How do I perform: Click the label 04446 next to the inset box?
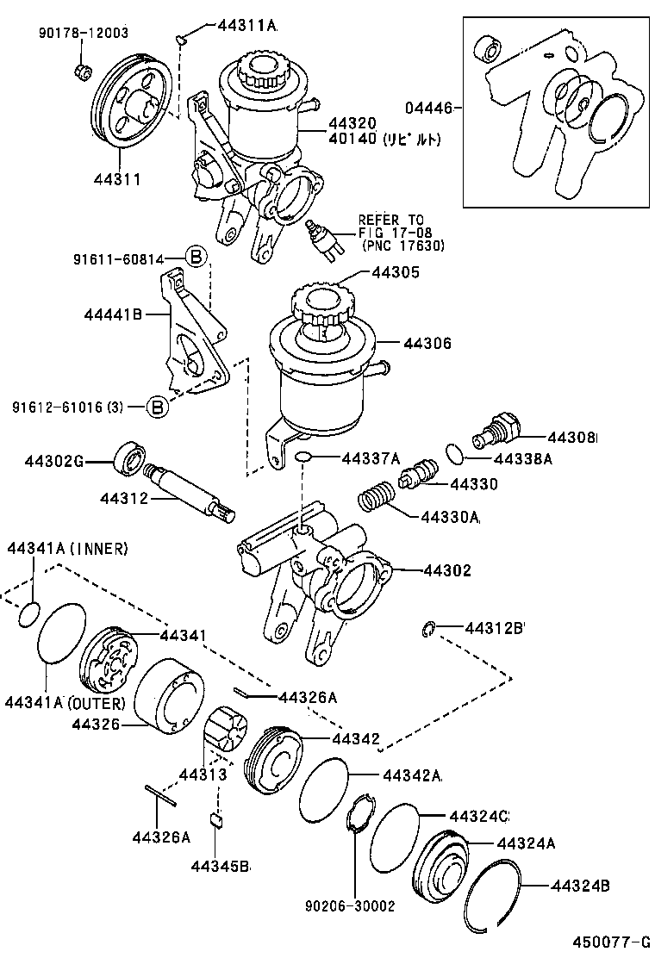click(427, 109)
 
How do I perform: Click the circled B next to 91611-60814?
click(196, 257)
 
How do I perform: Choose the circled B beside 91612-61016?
click(157, 407)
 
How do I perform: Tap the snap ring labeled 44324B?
click(492, 895)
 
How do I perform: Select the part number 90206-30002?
click(349, 905)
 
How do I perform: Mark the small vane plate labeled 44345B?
click(218, 818)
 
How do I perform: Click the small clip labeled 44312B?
click(428, 631)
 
